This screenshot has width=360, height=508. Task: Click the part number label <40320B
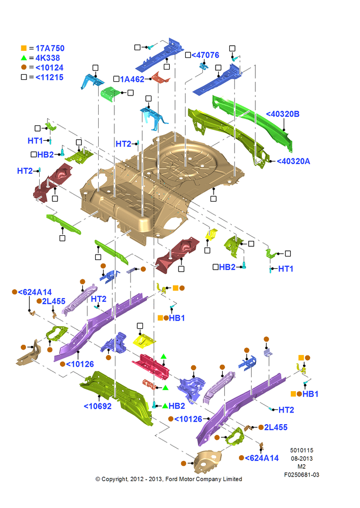pos(283,114)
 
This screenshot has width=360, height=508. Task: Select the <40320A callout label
pos(293,161)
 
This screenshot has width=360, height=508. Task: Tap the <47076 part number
pos(205,55)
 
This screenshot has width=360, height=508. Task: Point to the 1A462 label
pos(132,79)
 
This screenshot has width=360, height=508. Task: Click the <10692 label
pos(98,406)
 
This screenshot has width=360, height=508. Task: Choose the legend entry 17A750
pos(50,48)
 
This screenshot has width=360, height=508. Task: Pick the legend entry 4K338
pos(48,58)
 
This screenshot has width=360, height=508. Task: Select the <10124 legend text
pos(49,68)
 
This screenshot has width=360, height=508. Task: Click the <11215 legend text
pos(49,77)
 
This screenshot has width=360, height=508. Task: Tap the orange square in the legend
pos(24,48)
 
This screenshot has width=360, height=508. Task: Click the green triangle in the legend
pos(24,58)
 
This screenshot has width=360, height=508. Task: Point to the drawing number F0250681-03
pos(302,474)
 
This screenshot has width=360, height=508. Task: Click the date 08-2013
pos(302,458)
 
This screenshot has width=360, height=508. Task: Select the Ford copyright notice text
pos(169,479)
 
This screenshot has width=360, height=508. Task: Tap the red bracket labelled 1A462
pos(161,78)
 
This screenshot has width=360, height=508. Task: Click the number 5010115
pos(302,450)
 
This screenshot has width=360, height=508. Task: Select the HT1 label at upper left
pos(35,141)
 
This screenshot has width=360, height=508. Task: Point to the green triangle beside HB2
pos(165,405)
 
